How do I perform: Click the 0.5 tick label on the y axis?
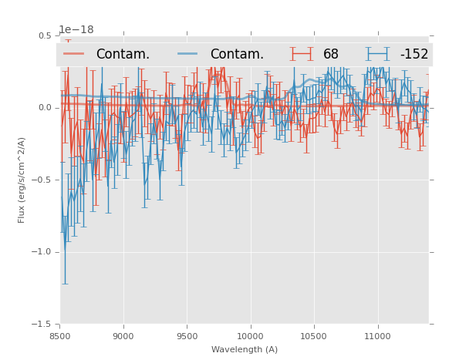(44, 35)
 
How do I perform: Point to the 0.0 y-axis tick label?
(44, 108)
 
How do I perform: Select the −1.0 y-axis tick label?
(42, 252)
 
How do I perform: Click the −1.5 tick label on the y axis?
(42, 325)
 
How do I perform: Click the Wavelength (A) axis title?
(245, 349)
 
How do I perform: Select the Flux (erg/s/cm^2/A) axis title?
(22, 180)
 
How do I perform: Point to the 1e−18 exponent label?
(76, 30)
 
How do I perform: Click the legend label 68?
(331, 55)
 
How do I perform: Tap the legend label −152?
(414, 55)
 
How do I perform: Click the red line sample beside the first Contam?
(74, 54)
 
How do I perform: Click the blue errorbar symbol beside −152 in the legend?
(378, 54)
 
